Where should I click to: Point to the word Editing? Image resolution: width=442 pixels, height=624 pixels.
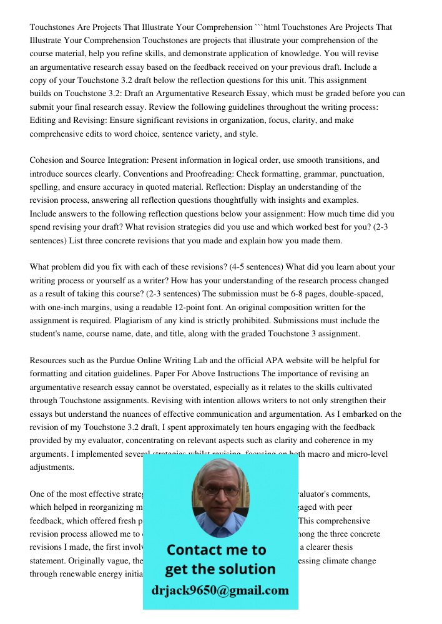tap(44, 120)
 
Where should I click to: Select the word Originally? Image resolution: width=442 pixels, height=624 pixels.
tap(94, 560)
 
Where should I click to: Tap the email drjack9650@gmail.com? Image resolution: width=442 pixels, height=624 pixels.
tap(220, 590)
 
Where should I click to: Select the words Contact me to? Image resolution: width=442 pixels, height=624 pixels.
tap(217, 550)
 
